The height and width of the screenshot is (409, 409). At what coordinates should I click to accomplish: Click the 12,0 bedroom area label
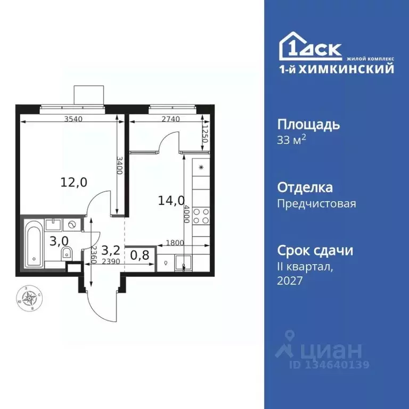[x=74, y=182]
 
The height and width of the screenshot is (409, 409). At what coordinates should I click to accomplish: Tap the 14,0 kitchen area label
[x=171, y=201]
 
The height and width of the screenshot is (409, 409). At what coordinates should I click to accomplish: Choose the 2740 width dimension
[x=170, y=119]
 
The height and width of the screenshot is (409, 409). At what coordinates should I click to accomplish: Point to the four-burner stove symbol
[x=202, y=216]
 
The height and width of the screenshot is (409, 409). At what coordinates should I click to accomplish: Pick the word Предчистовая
[x=317, y=203]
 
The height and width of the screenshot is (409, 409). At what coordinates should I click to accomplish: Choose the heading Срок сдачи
[x=315, y=250]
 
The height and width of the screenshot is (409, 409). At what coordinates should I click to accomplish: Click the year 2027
[x=290, y=281]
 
